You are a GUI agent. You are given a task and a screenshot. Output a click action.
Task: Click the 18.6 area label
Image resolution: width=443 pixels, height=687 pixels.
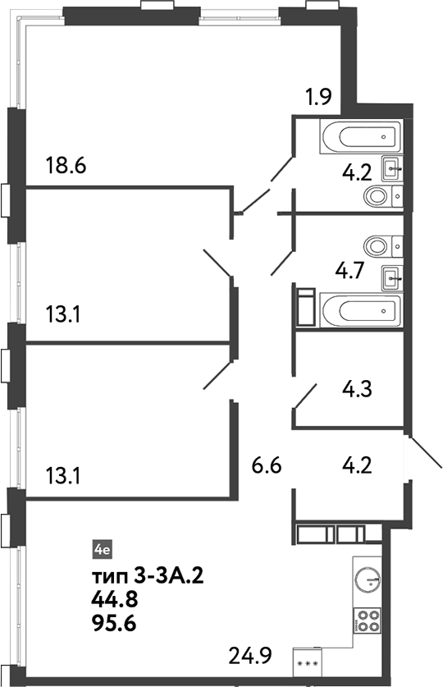tap(67, 167)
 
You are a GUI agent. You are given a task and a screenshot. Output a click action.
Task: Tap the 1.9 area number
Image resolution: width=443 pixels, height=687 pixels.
tap(318, 99)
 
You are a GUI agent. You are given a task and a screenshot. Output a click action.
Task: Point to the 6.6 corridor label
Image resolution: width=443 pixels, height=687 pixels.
tap(267, 468)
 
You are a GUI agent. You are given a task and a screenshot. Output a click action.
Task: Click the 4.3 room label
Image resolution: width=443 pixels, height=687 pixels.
tap(356, 388)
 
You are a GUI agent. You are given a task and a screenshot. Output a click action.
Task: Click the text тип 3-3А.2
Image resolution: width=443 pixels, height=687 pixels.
tap(148, 575)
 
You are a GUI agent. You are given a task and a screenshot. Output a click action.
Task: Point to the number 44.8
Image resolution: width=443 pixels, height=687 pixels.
tap(114, 600)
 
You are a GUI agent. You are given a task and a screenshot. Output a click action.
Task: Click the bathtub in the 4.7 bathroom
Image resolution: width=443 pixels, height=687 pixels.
tap(362, 311)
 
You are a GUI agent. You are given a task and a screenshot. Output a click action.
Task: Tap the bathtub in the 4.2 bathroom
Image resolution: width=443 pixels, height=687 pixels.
tap(362, 136)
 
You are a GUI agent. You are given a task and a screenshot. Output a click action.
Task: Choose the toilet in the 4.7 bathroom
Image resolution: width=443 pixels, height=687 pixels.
tap(385, 245)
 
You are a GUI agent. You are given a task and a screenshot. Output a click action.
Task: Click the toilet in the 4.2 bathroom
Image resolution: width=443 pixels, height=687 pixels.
tap(385, 195)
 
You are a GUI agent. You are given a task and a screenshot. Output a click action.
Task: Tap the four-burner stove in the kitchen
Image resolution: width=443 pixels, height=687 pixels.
tap(367, 621)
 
